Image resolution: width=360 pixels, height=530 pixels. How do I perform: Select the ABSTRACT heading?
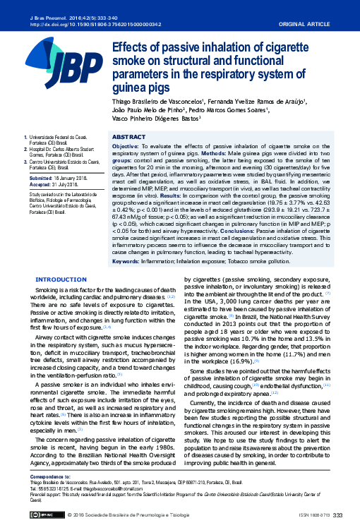click(129, 136)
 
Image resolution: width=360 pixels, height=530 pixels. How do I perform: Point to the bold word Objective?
click(126, 145)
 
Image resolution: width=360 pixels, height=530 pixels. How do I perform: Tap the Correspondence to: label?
click(48, 476)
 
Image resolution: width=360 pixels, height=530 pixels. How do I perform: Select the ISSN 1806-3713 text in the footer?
click(314, 517)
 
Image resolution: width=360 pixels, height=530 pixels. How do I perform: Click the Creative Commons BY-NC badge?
click(45, 516)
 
